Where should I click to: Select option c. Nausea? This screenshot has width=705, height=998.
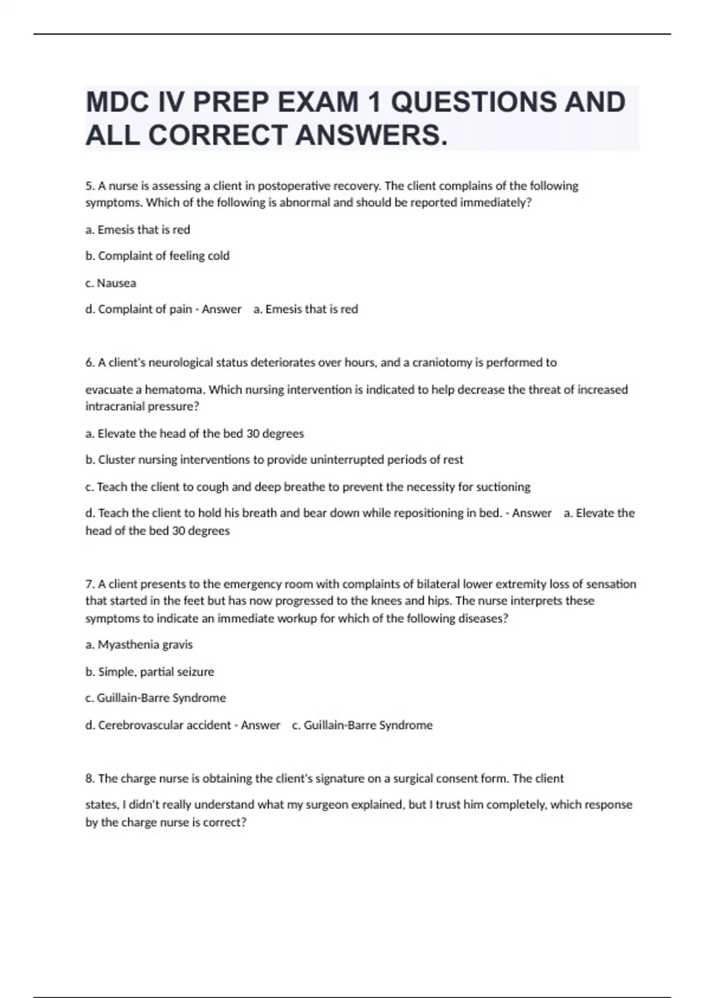click(x=111, y=283)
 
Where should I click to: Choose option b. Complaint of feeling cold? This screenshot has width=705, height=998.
click(x=157, y=256)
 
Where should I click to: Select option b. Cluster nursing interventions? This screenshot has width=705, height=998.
click(x=274, y=460)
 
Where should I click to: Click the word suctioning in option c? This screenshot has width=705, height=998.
click(x=503, y=487)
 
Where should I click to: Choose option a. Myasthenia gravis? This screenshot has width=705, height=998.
click(x=139, y=645)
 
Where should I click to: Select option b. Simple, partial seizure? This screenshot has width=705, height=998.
click(x=150, y=672)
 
